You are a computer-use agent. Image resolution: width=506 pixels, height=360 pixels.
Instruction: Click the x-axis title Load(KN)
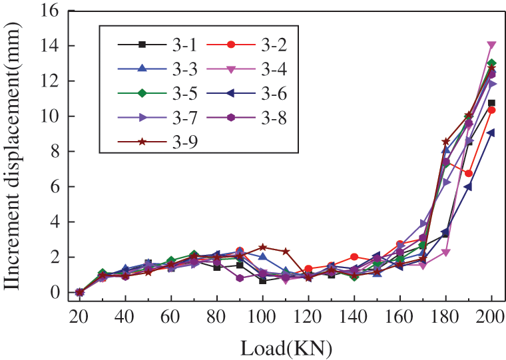click(286, 347)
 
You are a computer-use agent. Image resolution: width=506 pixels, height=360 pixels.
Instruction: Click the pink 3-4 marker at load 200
click(491, 45)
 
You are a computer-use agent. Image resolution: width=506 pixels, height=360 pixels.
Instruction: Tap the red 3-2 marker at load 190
click(469, 174)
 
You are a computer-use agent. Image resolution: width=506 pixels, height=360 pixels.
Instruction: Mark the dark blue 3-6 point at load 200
click(491, 132)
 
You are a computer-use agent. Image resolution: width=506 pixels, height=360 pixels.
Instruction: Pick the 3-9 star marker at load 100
click(263, 248)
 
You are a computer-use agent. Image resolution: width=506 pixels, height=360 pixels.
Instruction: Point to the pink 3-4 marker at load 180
click(446, 252)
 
